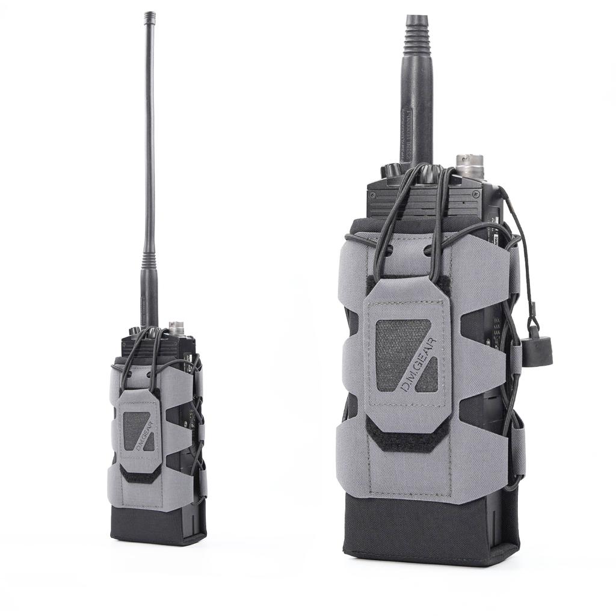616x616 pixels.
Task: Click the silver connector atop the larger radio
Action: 466,164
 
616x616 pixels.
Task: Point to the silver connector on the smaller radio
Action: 176,328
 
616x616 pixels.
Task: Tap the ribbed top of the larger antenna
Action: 418,33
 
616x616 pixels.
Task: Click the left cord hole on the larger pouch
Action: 388,249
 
